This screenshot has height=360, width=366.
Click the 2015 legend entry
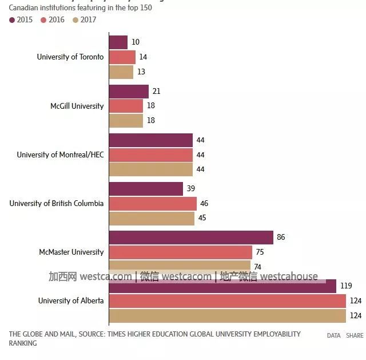[21, 19]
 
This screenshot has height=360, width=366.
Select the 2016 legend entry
[53, 19]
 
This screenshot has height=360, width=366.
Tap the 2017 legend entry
[84, 19]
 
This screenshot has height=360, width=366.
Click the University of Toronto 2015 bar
[118, 42]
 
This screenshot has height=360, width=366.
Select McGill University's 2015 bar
[129, 92]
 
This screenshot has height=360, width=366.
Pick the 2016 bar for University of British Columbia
[153, 204]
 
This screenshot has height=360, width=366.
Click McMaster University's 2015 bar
[191, 238]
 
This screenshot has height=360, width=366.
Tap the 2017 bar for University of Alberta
[228, 315]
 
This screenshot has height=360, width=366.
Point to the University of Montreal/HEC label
[60, 155]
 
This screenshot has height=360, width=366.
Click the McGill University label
[77, 106]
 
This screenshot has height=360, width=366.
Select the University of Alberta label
[71, 300]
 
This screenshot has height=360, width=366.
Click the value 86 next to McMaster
[281, 238]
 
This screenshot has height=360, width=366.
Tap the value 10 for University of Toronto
[136, 42]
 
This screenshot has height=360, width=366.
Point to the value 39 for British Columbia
[191, 189]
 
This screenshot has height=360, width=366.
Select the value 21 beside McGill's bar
[156, 92]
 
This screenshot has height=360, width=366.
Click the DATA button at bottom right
[333, 336]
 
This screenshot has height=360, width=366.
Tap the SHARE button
[354, 336]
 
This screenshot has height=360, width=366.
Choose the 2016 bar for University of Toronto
[122, 57]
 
